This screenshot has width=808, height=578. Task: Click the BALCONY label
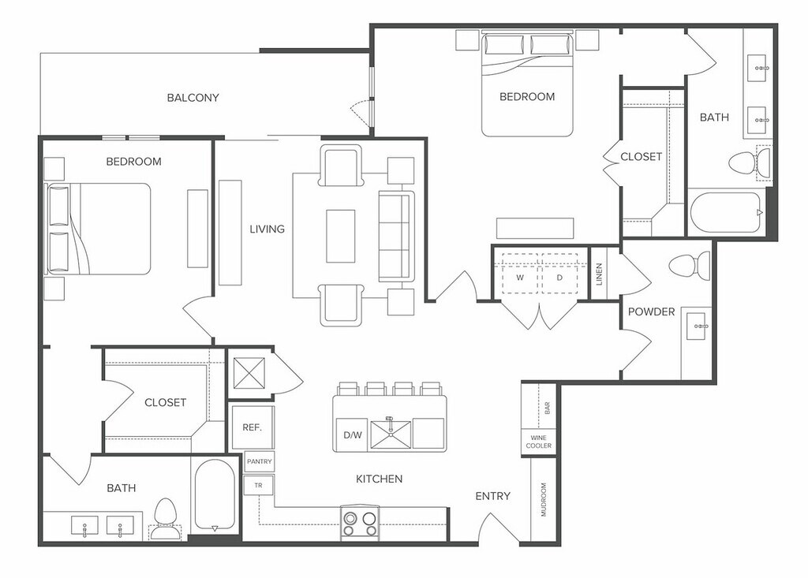click(x=193, y=97)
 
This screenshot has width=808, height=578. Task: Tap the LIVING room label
click(x=267, y=229)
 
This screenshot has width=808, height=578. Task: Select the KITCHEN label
click(x=379, y=479)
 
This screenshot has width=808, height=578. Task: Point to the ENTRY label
click(x=492, y=495)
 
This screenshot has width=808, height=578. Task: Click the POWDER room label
click(x=651, y=311)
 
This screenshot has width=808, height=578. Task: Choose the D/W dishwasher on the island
click(x=353, y=434)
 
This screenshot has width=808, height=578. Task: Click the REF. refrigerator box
click(x=252, y=427)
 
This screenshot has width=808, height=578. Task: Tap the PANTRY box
click(x=259, y=461)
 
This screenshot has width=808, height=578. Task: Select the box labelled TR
click(x=258, y=485)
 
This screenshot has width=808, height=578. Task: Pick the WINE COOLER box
click(x=538, y=442)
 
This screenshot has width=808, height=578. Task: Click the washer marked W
click(x=519, y=278)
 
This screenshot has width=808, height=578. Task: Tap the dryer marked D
click(x=559, y=278)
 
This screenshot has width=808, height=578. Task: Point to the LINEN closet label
click(x=599, y=274)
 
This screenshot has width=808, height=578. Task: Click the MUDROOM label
click(x=544, y=499)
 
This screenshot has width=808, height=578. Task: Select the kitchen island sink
click(x=391, y=434)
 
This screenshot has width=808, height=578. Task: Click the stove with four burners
click(x=360, y=523)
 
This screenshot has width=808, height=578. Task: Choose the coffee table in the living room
click(x=341, y=236)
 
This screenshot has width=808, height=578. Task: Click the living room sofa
click(x=396, y=237)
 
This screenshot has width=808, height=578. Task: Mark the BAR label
click(x=548, y=408)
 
